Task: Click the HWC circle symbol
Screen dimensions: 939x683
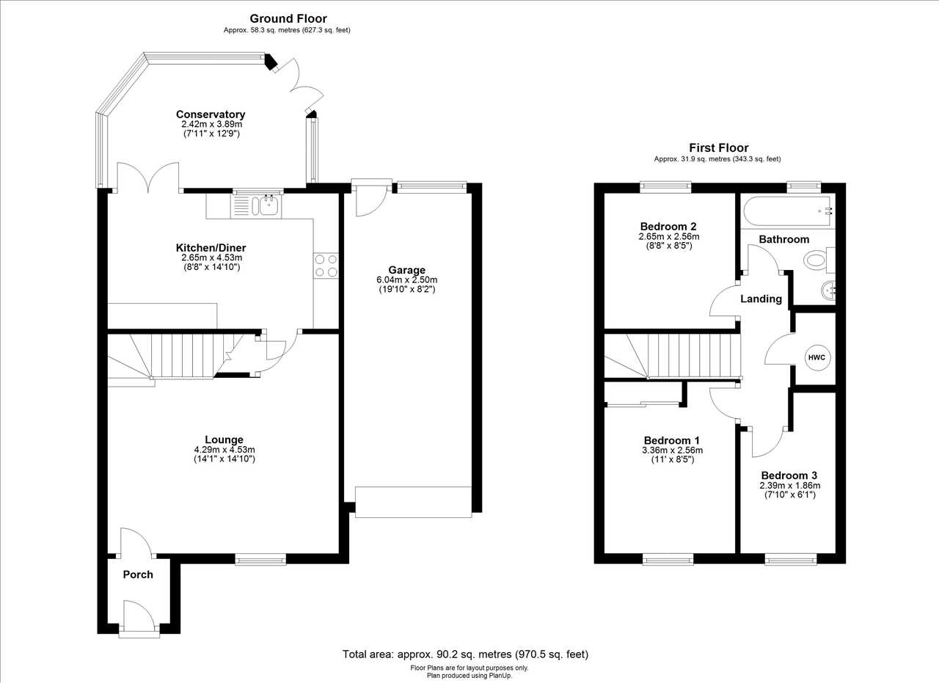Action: point(817,357)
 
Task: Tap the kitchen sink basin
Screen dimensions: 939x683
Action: point(266,206)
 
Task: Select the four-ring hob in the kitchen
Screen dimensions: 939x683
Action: point(326,266)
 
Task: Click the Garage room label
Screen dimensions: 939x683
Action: point(406,270)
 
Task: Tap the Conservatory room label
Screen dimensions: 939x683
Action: point(211,114)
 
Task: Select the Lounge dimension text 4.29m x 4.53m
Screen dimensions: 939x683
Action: point(224,450)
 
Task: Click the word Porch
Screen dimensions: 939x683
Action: point(138,574)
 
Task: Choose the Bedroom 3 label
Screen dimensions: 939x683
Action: point(789,475)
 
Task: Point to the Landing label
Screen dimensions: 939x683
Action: point(761,299)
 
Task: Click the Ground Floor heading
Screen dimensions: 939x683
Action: point(288,19)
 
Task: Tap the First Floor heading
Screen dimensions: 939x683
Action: point(718,148)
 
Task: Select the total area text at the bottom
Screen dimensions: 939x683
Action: point(465,654)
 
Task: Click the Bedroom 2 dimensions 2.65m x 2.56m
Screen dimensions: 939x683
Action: point(668,236)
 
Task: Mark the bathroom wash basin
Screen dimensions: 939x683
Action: point(827,289)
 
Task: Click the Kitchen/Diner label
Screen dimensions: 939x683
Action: point(211,247)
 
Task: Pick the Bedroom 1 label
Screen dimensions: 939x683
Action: point(672,440)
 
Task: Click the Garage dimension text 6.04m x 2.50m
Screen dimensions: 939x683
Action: point(406,280)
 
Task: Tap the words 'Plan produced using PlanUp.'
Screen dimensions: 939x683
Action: point(469,676)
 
